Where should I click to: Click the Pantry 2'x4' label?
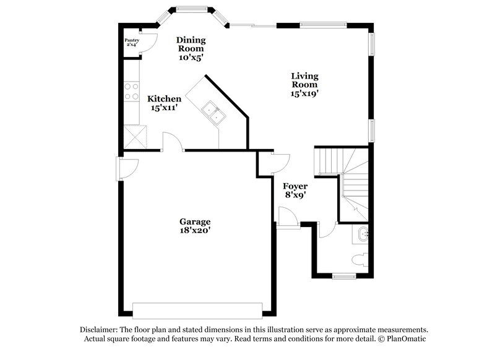tap(132, 43)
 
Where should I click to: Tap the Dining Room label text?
tap(191, 48)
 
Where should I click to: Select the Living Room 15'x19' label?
tap(304, 85)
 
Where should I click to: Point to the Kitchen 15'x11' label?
tap(164, 103)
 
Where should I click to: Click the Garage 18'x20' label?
tap(195, 226)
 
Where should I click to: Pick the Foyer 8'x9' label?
tap(295, 190)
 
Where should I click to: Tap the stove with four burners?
tap(131, 92)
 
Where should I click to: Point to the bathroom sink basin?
tap(363, 234)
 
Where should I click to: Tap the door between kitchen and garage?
tap(172, 144)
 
